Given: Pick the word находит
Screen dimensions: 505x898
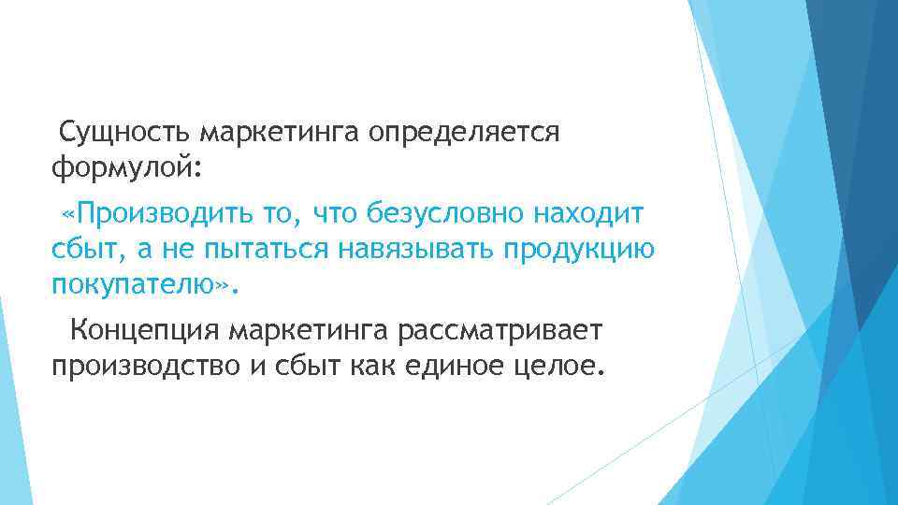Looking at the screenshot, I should pos(588,215).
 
